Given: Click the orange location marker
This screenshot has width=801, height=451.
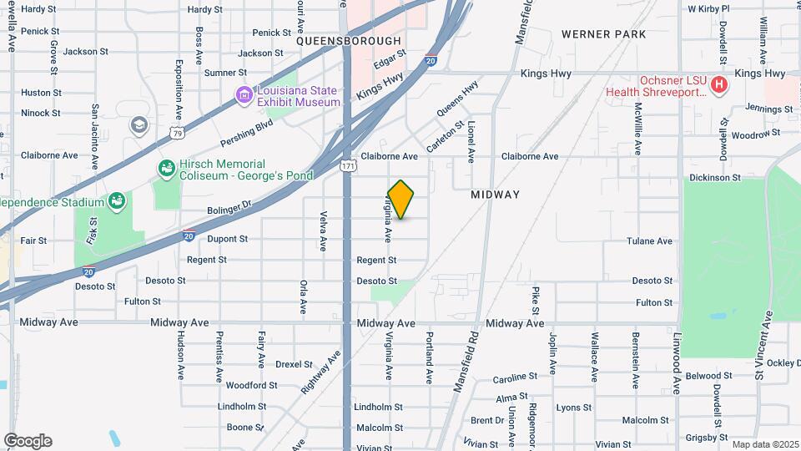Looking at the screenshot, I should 400,200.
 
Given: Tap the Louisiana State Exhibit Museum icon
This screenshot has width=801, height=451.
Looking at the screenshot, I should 244,95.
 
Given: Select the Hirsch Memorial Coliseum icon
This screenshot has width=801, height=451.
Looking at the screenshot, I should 167,170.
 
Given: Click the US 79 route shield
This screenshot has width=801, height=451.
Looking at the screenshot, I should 175,132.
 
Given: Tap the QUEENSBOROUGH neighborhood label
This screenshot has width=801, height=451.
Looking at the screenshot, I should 348,41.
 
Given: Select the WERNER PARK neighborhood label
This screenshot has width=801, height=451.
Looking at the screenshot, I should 603,34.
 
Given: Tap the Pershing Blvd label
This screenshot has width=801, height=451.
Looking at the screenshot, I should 246,132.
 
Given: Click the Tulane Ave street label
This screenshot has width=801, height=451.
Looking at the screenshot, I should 649,241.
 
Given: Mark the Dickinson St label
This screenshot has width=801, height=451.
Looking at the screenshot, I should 715,178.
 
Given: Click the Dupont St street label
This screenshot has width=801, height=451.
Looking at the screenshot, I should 227,239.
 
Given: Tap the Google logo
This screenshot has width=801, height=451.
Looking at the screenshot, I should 28,441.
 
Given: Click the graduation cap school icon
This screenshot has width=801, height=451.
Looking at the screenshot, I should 139,125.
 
